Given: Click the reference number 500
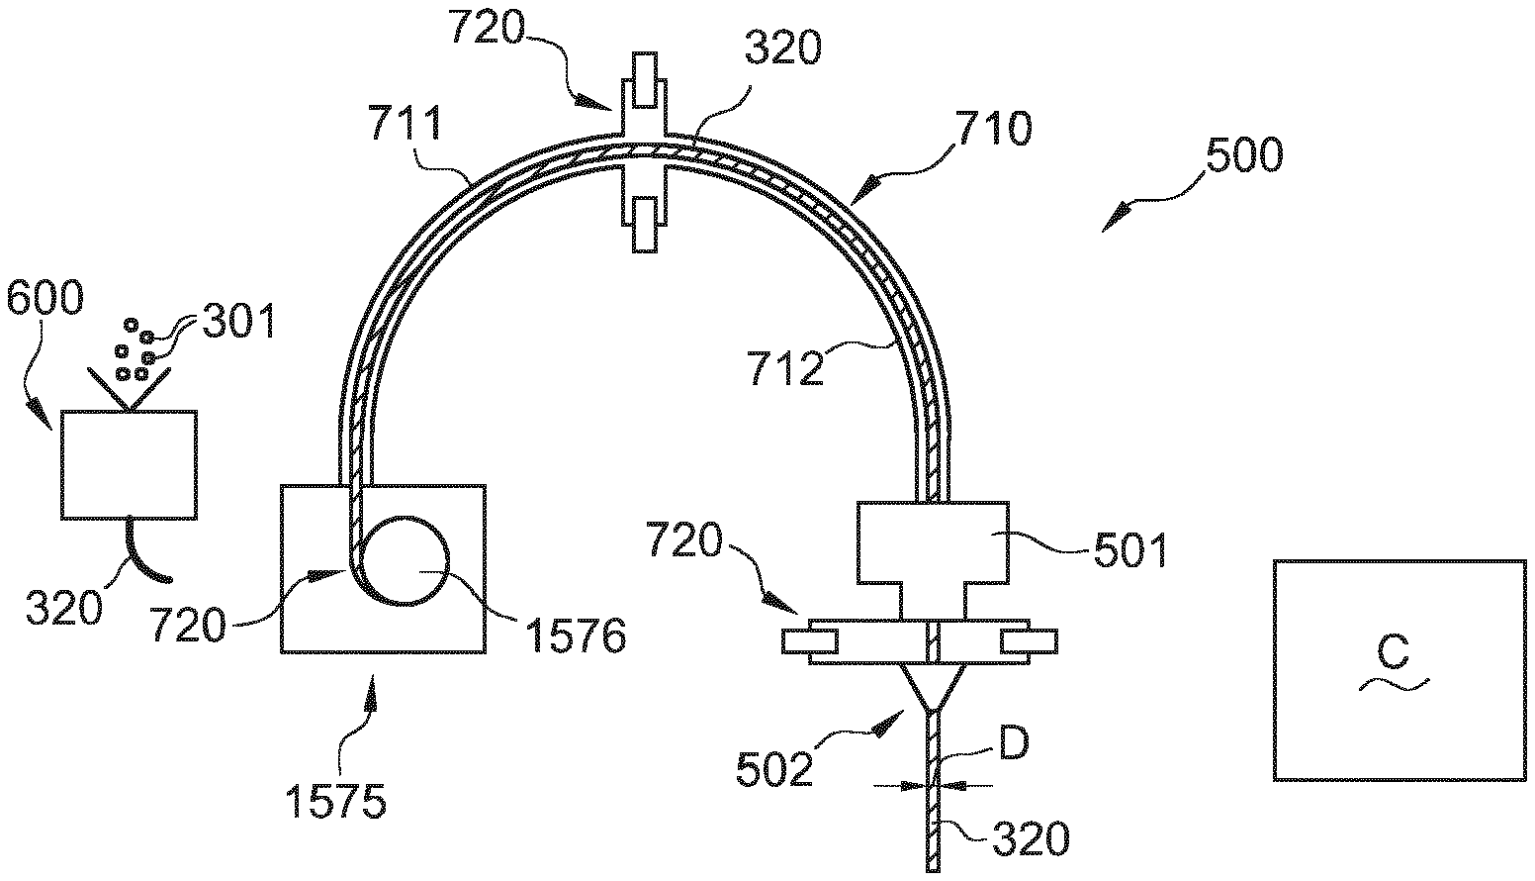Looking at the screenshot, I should (1243, 155).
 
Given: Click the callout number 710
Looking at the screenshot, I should (992, 128).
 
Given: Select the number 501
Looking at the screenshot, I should (1129, 549).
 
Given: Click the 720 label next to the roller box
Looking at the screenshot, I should (188, 625).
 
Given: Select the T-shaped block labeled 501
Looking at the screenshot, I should (932, 554).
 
